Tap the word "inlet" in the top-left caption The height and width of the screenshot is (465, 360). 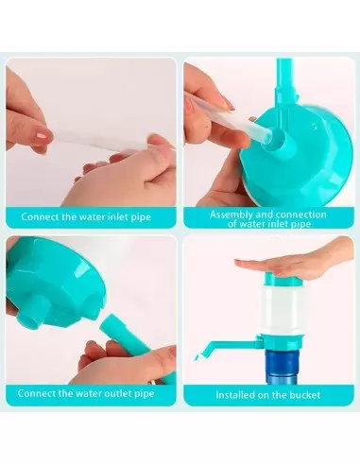click(x=117, y=216)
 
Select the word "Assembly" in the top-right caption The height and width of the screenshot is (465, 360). click(x=231, y=215)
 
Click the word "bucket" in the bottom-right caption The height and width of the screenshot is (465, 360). click(x=305, y=395)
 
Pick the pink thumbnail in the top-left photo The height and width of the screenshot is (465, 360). click(x=43, y=135)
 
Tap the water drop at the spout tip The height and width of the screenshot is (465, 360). click(x=196, y=357)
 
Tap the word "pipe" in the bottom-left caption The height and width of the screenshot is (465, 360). click(x=144, y=394)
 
